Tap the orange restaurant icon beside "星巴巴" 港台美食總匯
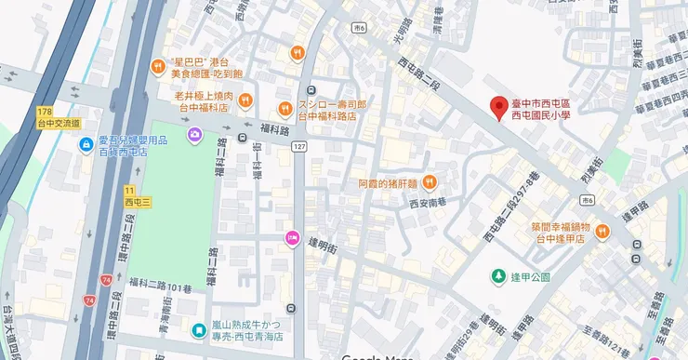159,67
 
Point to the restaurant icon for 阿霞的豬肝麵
429,182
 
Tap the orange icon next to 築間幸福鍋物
602,231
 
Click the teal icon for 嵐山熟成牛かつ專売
198,329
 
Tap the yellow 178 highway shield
44,112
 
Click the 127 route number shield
298,147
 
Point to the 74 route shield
89,300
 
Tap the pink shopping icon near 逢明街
293,239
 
